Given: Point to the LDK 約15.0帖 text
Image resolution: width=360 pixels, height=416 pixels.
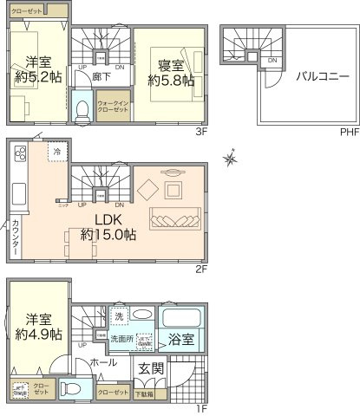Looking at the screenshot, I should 108,226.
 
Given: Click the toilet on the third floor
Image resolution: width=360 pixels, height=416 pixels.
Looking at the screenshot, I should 82,111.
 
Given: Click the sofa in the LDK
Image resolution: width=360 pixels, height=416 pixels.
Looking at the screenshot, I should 176,216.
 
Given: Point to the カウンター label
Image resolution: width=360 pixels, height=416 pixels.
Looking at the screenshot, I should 16,237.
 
